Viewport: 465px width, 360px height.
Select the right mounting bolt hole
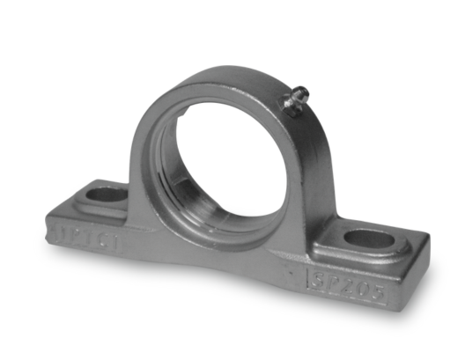tap(368, 238)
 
